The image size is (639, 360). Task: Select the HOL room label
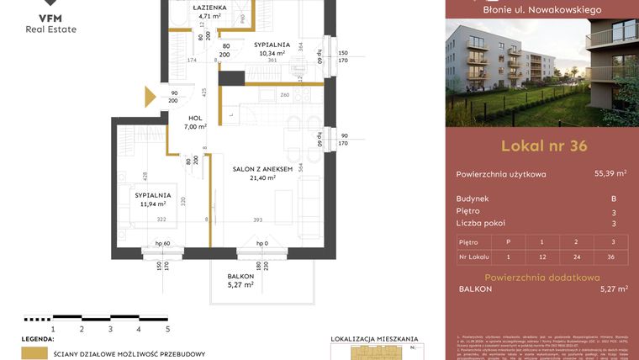click(195, 117)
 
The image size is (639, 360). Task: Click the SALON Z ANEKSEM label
click(262, 169)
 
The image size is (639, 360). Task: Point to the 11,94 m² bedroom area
click(152, 204)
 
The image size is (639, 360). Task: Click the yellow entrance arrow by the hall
click(151, 97)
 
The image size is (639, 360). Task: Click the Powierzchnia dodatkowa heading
click(542, 277)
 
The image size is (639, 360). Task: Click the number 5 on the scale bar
click(167, 330)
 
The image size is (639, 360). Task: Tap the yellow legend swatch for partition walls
click(34, 354)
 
